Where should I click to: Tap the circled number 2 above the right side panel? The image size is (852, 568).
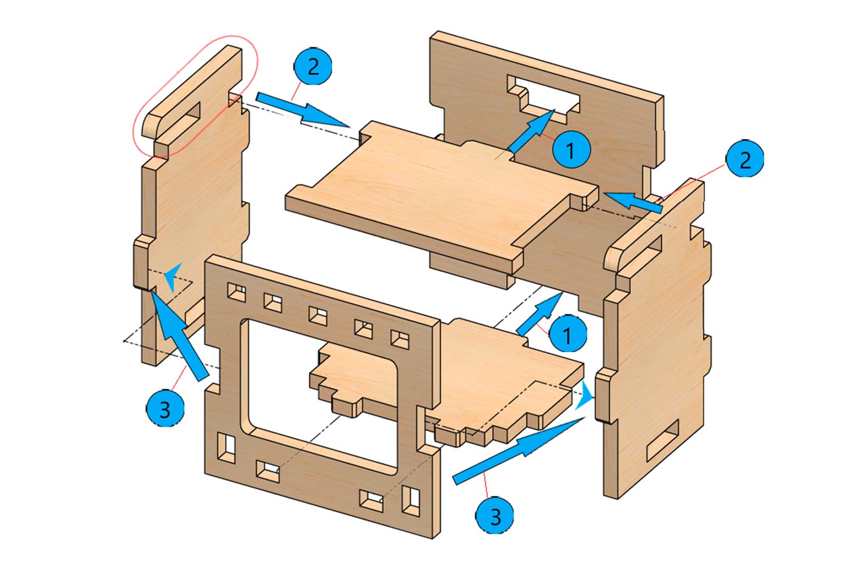(x=744, y=159)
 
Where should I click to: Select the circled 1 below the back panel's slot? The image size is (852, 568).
(x=571, y=151)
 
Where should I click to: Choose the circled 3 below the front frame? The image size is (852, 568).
(x=495, y=515)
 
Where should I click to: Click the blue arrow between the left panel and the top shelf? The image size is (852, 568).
(x=301, y=109)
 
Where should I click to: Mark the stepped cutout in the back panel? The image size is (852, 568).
(x=543, y=96)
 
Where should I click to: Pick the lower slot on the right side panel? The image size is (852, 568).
(x=663, y=440)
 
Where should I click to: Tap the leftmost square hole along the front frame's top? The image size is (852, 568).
(x=236, y=293)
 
